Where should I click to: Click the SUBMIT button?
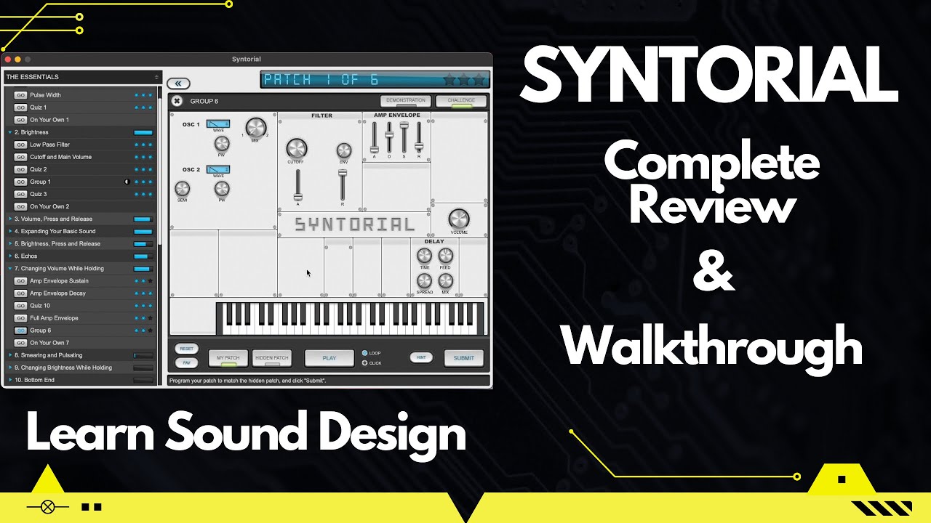pyautogui.click(x=463, y=357)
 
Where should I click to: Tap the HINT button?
pyautogui.click(x=420, y=357)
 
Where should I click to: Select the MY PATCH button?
pyautogui.click(x=228, y=357)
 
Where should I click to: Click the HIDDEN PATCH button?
pyautogui.click(x=271, y=357)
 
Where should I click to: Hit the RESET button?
pyautogui.click(x=186, y=349)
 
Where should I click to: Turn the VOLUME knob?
pyautogui.click(x=459, y=219)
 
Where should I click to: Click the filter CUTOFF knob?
pyautogui.click(x=297, y=148)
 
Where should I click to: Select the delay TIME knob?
pyautogui.click(x=424, y=255)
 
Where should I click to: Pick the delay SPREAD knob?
pyautogui.click(x=424, y=280)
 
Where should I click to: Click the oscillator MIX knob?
pyautogui.click(x=255, y=128)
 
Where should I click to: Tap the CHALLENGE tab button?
pyautogui.click(x=461, y=101)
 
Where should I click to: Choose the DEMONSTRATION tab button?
pyautogui.click(x=405, y=101)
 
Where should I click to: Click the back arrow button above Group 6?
pyautogui.click(x=177, y=84)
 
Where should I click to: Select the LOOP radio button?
pyautogui.click(x=365, y=353)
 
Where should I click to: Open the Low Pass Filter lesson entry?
pyautogui.click(x=49, y=145)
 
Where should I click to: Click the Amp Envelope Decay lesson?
pyautogui.click(x=57, y=293)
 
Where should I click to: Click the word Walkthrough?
pyautogui.click(x=712, y=346)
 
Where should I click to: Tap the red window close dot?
pyautogui.click(x=8, y=59)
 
